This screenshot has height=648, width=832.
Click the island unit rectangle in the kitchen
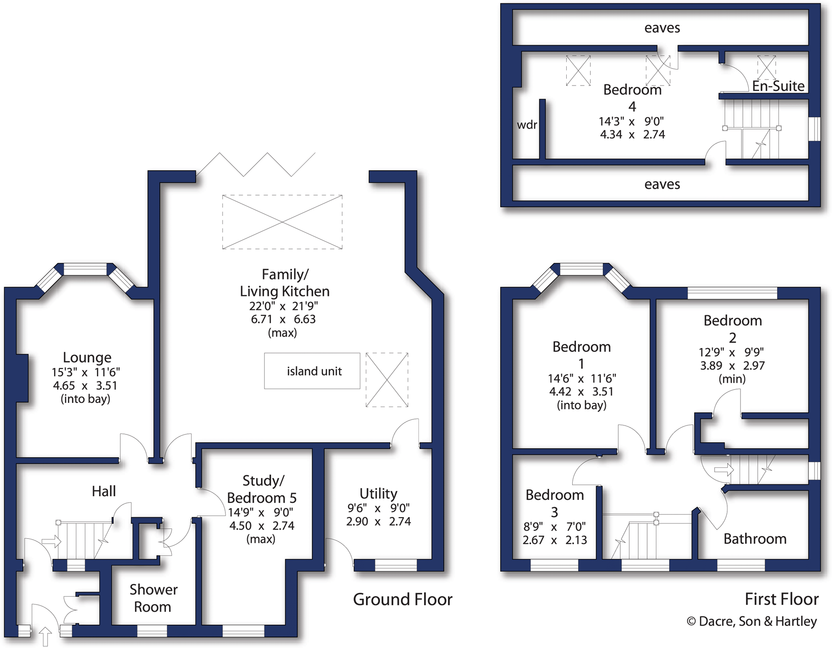pyautogui.click(x=312, y=371)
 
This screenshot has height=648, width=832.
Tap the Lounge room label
pyautogui.click(x=87, y=357)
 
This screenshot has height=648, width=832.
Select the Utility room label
pyautogui.click(x=378, y=493)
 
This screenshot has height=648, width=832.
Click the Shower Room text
pyautogui.click(x=153, y=598)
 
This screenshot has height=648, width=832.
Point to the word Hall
pyautogui.click(x=104, y=492)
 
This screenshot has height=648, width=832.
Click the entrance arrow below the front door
pyautogui.click(x=45, y=637)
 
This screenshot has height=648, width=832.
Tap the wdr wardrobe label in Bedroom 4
pyautogui.click(x=527, y=125)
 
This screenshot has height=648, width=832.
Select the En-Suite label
pyautogui.click(x=778, y=86)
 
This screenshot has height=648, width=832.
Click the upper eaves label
pyautogui.click(x=662, y=28)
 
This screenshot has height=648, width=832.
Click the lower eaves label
pyautogui.click(x=662, y=184)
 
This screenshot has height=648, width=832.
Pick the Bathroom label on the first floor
pyautogui.click(x=755, y=539)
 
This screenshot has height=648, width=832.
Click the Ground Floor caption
pyautogui.click(x=403, y=599)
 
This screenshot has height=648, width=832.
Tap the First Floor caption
pyautogui.click(x=781, y=599)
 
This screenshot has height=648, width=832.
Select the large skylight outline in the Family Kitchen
pyautogui.click(x=282, y=222)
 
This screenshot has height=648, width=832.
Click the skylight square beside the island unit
pyautogui.click(x=387, y=380)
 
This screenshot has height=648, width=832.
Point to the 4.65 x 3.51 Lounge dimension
pyautogui.click(x=85, y=386)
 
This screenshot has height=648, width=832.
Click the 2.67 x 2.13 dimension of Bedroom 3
pyautogui.click(x=554, y=540)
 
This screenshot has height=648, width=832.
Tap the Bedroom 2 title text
pyautogui.click(x=732, y=328)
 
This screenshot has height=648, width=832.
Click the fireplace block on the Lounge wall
pyautogui.click(x=22, y=378)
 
